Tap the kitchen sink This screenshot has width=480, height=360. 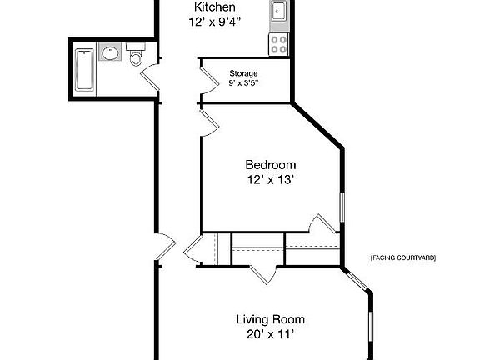coord(278,11)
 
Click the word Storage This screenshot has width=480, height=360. coord(243,73)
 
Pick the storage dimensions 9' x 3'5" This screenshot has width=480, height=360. coord(243,83)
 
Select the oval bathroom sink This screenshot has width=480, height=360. coord(110,54)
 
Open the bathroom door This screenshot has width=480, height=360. coord(149,79)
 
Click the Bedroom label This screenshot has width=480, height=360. coord(270,165)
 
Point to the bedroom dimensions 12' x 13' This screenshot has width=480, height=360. coord(270,179)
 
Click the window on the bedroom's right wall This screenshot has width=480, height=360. coord(342,207)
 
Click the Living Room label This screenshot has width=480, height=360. coord(270,319)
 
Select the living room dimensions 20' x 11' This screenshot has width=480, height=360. coord(270,334)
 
